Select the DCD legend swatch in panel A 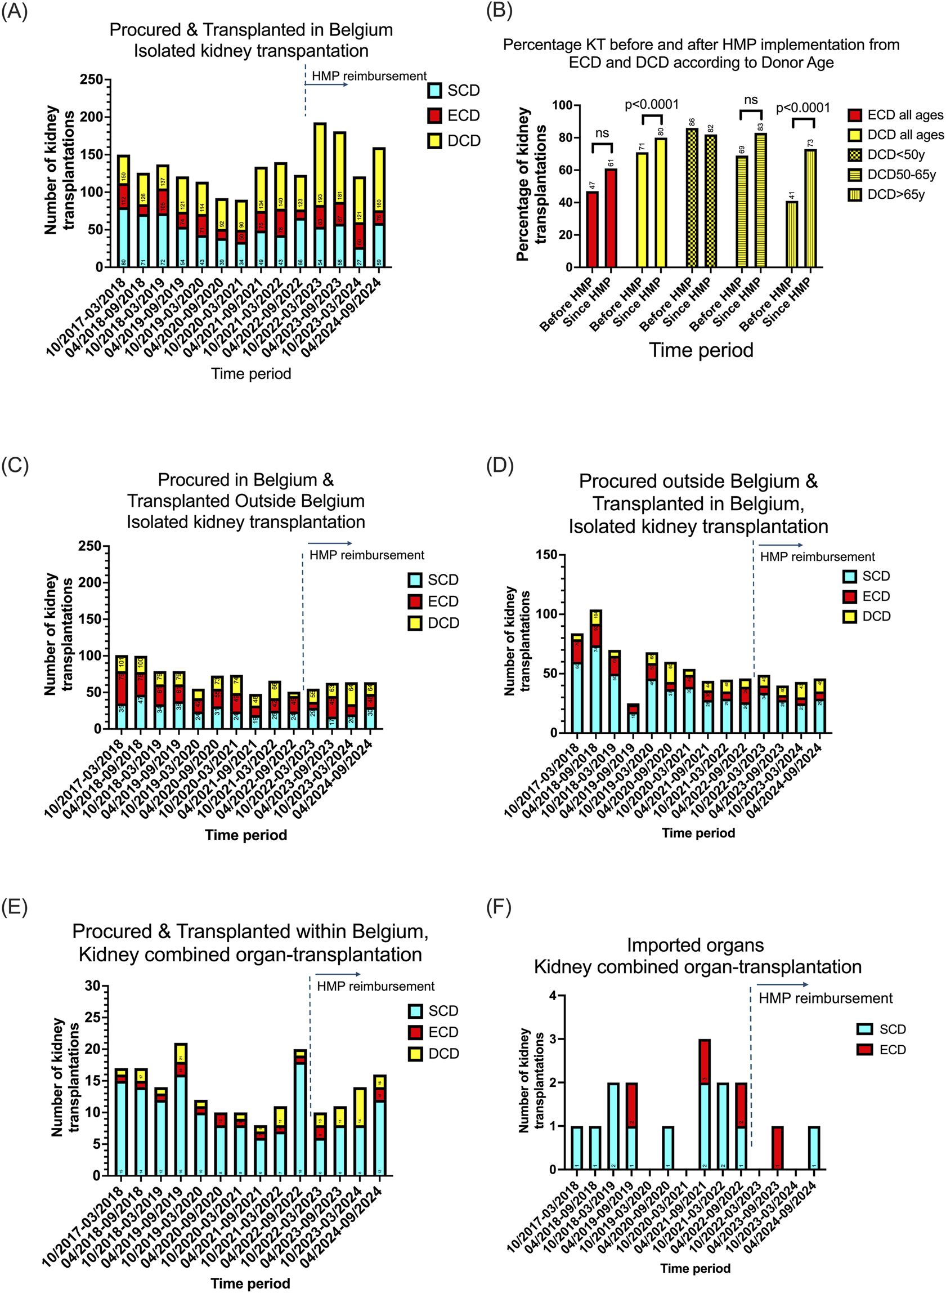pyautogui.click(x=434, y=141)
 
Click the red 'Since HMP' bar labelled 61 pyautogui.click(x=611, y=218)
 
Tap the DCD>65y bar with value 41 pyautogui.click(x=792, y=234)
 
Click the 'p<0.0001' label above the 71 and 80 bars pyautogui.click(x=652, y=105)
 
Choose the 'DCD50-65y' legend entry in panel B pyautogui.click(x=902, y=175)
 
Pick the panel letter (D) pyautogui.click(x=499, y=465)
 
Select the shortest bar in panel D pyautogui.click(x=633, y=718)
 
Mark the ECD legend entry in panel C pyautogui.click(x=443, y=601)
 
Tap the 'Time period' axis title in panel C pyautogui.click(x=246, y=835)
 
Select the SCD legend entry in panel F pyautogui.click(x=892, y=1029)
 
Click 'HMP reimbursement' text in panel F pyautogui.click(x=825, y=998)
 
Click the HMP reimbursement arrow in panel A pyautogui.click(x=326, y=85)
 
